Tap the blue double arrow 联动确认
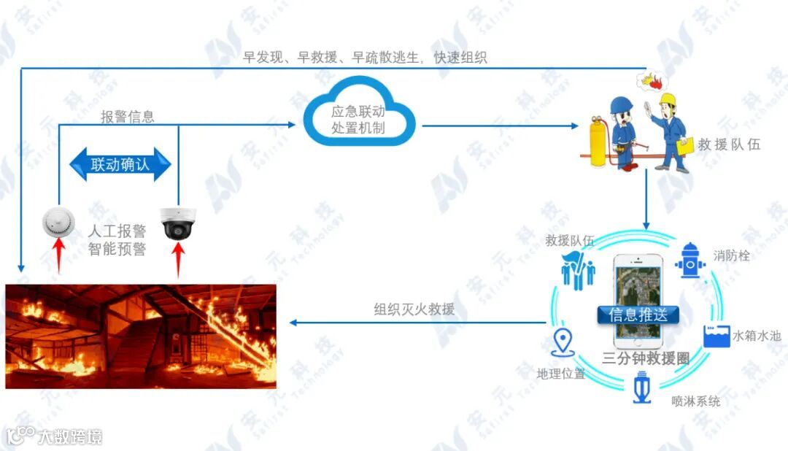[120, 164]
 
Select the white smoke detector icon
[57, 220]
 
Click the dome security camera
[177, 222]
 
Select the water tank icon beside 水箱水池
[715, 336]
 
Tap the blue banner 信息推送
[638, 315]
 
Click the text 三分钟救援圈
[646, 358]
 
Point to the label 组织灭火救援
[414, 309]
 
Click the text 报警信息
[128, 117]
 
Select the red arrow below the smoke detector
[58, 258]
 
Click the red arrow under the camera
[178, 260]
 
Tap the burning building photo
[141, 336]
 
